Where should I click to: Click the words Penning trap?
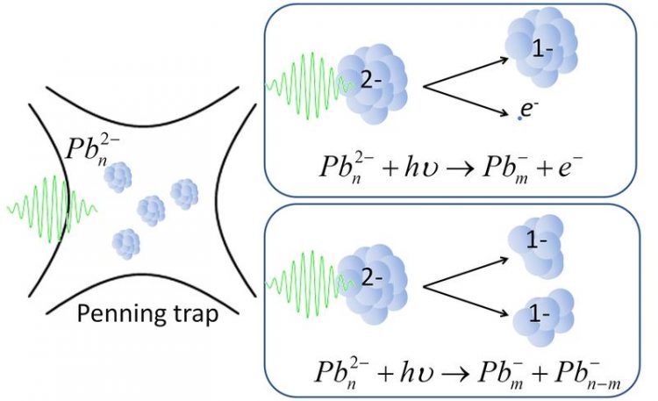click(147, 314)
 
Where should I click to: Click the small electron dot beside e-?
click(519, 118)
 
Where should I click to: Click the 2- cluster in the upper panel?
click(372, 84)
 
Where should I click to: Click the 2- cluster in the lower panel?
click(372, 284)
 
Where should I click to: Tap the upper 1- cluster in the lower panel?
click(536, 247)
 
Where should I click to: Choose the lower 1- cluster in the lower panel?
click(544, 318)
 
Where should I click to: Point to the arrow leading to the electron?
click(467, 101)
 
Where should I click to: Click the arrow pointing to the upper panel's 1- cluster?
click(467, 73)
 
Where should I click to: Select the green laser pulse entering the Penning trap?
click(53, 209)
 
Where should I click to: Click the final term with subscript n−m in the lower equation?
click(588, 375)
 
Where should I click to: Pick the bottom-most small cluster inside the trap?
click(125, 244)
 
